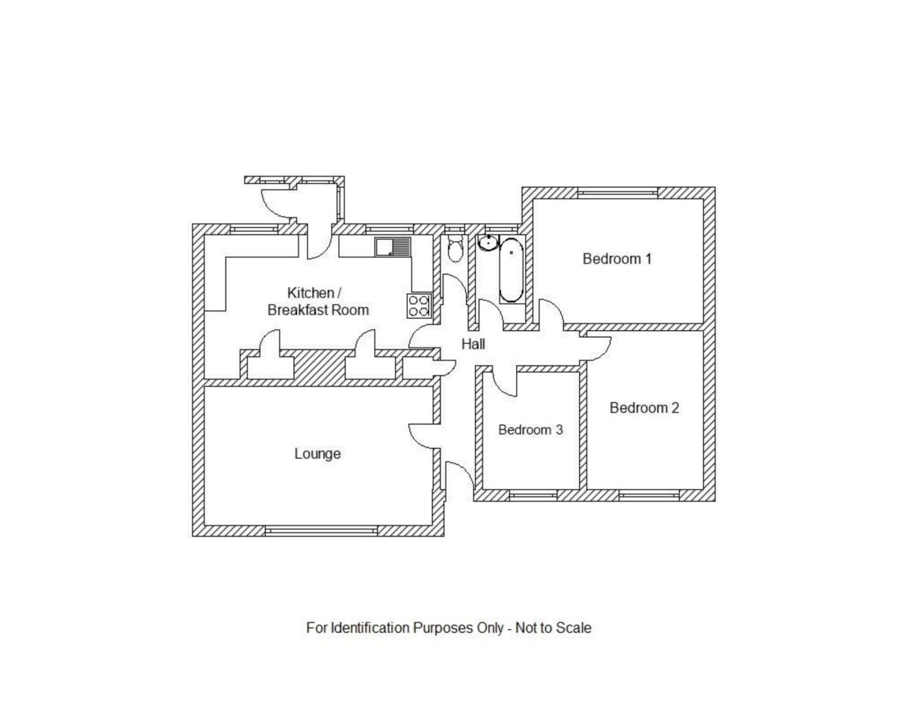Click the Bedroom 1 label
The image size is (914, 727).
pyautogui.click(x=616, y=259)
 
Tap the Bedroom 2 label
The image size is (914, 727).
pyautogui.click(x=644, y=408)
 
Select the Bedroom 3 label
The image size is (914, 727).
pyautogui.click(x=530, y=430)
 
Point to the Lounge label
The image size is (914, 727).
pyautogui.click(x=318, y=454)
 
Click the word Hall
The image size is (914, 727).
pyautogui.click(x=473, y=345)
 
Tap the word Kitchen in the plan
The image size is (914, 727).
pyautogui.click(x=310, y=293)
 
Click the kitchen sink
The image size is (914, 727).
pyautogui.click(x=392, y=247)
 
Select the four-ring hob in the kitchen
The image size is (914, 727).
pyautogui.click(x=419, y=304)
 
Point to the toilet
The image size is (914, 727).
pyautogui.click(x=455, y=249)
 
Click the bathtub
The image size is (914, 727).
pyautogui.click(x=511, y=270)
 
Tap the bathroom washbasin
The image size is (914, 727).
pyautogui.click(x=488, y=243)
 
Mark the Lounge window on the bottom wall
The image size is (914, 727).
pyautogui.click(x=321, y=531)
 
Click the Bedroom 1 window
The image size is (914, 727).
pyautogui.click(x=617, y=193)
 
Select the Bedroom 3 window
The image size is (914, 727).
pyautogui.click(x=532, y=495)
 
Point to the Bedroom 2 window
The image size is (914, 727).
pyautogui.click(x=649, y=495)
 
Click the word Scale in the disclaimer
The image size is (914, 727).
pyautogui.click(x=573, y=628)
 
